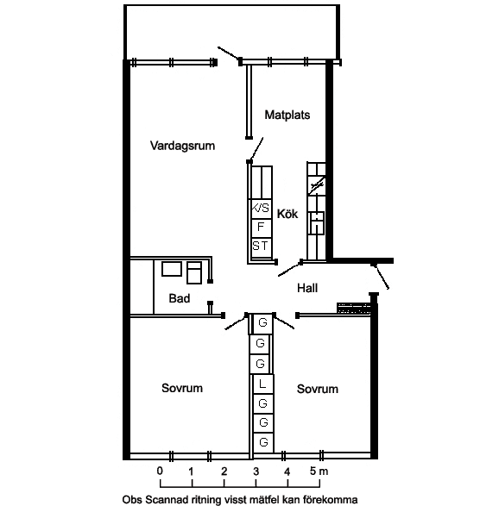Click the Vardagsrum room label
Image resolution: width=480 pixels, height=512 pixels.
[182, 146]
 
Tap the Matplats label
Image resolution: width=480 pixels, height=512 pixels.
[287, 115]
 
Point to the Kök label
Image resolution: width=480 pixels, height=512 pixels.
[287, 214]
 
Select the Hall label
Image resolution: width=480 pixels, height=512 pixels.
[307, 288]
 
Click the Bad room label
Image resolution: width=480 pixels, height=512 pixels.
[180, 298]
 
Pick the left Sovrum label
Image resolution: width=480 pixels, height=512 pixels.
[182, 388]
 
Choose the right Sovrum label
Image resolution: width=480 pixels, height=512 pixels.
[317, 389]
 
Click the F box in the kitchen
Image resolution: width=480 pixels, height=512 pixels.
[261, 228]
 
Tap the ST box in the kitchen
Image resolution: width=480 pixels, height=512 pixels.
[261, 247]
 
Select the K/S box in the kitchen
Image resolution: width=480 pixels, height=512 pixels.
[261, 209]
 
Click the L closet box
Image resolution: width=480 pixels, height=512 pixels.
[262, 384]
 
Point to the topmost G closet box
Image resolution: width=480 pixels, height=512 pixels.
[262, 323]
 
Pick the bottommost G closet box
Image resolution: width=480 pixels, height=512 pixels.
[263, 443]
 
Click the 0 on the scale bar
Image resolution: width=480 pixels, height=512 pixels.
[160, 471]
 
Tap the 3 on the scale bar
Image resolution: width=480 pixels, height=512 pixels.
[256, 471]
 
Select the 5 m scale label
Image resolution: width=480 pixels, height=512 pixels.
[319, 471]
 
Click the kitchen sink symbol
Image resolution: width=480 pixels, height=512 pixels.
[317, 222]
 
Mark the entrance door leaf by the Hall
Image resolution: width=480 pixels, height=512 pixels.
[381, 276]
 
